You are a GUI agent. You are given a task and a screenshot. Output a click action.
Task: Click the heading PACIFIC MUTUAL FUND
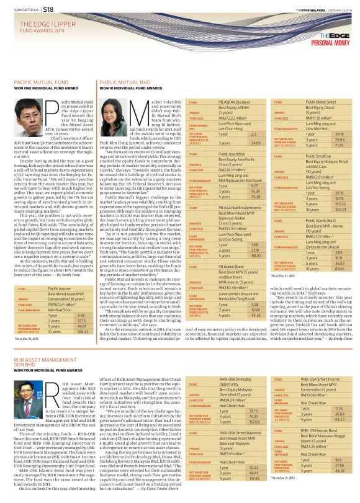click(42, 82)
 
